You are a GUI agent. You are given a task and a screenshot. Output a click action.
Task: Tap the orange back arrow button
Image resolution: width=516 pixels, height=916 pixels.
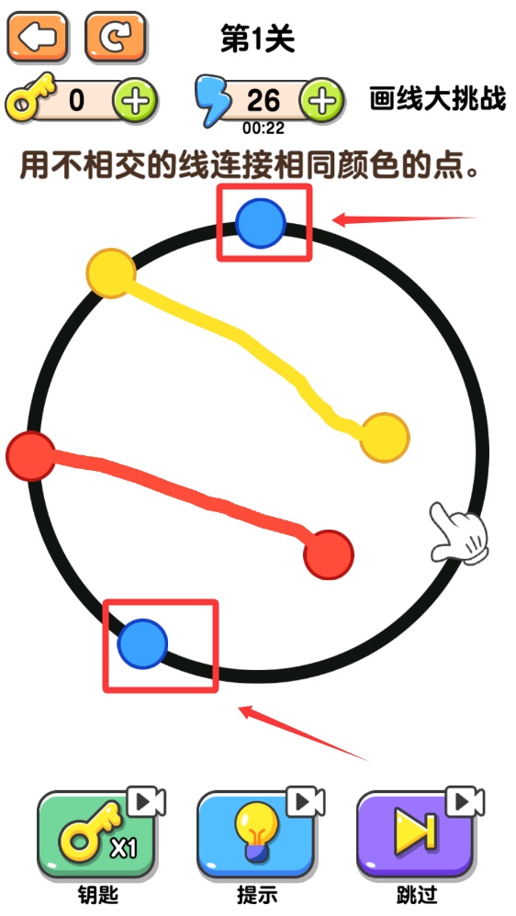[x=38, y=37]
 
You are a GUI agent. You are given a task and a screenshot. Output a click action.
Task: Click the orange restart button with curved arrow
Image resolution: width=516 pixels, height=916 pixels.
[x=115, y=37]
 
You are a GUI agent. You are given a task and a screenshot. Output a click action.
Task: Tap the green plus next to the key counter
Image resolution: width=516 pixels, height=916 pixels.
[x=135, y=101]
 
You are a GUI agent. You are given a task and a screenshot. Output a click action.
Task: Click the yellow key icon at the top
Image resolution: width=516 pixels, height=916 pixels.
[x=29, y=97]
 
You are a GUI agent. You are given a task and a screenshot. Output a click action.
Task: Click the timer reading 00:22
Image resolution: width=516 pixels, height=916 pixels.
[x=264, y=128]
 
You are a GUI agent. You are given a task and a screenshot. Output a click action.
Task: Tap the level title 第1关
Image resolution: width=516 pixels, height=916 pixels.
[x=258, y=39]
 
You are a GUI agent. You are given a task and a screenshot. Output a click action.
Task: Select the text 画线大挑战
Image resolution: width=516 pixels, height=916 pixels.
[x=437, y=99]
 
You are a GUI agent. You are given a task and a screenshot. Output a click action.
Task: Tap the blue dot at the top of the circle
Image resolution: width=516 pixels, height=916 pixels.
[x=261, y=223]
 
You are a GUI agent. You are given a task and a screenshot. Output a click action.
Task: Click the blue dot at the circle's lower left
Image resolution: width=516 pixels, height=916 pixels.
[x=142, y=643]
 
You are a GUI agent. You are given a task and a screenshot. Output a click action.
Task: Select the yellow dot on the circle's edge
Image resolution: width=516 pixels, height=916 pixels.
[x=111, y=274]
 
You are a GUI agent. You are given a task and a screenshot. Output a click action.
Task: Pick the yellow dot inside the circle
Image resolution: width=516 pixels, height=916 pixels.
[x=385, y=438]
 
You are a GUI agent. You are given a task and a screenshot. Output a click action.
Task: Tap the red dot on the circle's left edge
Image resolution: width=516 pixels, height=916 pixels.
[x=31, y=456]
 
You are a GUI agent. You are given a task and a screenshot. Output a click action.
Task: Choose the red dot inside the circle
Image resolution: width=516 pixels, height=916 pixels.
[x=329, y=555]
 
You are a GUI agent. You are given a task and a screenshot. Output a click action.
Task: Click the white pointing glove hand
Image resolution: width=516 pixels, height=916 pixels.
[x=459, y=532]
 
